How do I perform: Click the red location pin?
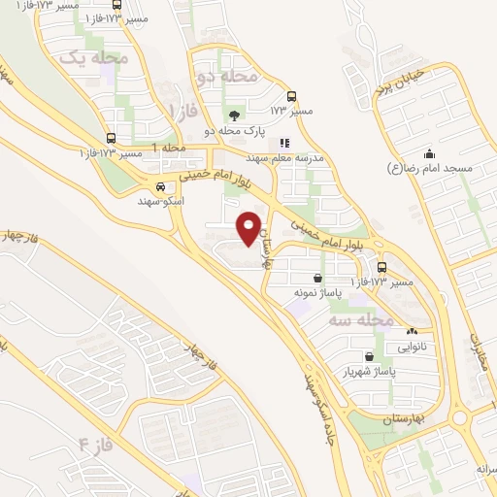[x=250, y=229]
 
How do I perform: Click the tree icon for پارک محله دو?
[x=231, y=116]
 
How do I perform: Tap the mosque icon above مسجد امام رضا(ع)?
[x=429, y=153]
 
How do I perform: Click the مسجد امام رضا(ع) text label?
[x=429, y=168]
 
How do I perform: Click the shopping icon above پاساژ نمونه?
[x=317, y=278]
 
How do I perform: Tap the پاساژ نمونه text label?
[x=317, y=291]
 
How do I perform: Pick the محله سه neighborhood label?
[x=360, y=319]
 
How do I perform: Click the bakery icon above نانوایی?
[x=413, y=332]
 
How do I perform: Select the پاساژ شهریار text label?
[x=368, y=371]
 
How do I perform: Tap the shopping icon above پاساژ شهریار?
[x=368, y=356]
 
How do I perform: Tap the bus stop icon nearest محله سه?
[x=381, y=267]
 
